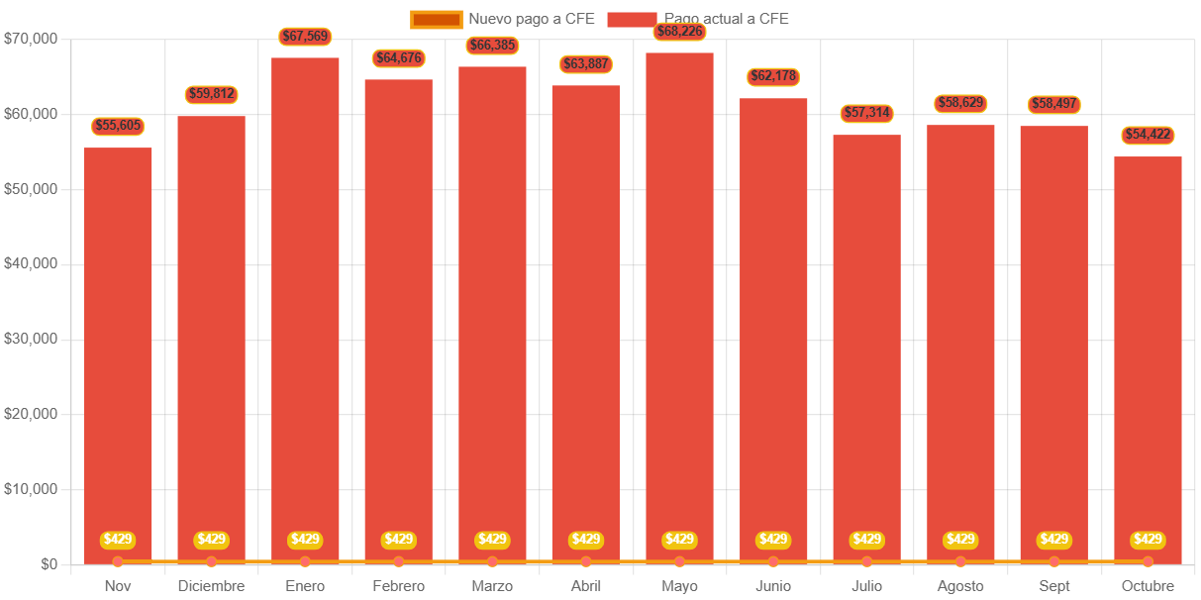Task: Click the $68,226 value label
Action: coord(679,32)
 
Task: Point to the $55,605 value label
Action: coord(118,126)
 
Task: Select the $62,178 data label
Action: coord(773,76)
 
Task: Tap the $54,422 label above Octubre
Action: coord(1148,135)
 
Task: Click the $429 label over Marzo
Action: coord(492,540)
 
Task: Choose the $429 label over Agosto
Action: coord(960,540)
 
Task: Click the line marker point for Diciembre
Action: coord(211,562)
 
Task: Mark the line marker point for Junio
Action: coord(773,562)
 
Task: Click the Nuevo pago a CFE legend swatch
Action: coord(436,19)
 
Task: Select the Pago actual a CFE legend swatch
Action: coord(632,19)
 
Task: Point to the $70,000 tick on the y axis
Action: coord(31,39)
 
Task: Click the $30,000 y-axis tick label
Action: coord(31,339)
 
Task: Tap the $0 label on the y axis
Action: coord(49,564)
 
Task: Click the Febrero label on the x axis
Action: coord(398,586)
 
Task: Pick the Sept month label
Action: coord(1053,586)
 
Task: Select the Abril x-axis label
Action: coord(585,586)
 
